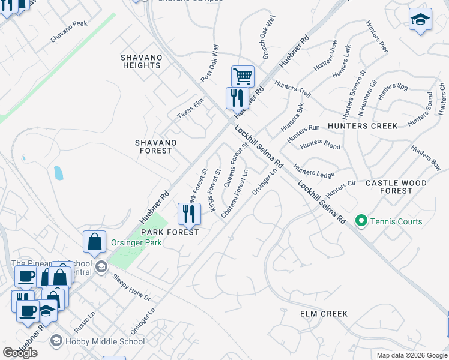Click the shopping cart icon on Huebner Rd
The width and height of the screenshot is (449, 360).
tap(243, 76)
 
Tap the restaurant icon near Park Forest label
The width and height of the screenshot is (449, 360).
tap(188, 213)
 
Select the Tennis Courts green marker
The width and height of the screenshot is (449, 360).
tap(361, 221)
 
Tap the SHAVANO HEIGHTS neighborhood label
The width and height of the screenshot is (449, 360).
tap(142, 61)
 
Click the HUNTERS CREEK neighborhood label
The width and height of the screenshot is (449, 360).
tap(363, 126)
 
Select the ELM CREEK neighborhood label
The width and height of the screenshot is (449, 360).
tap(324, 314)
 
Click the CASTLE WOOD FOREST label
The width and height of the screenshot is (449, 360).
tap(396, 187)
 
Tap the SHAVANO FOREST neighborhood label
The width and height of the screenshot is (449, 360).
tap(155, 146)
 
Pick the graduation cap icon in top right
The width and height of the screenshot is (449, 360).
tap(420, 19)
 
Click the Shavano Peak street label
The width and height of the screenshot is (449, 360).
tap(69, 31)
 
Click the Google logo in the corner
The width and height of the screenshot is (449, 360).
tap(20, 352)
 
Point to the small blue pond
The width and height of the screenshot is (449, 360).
tap(58, 173)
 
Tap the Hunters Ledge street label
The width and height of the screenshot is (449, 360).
tap(313, 170)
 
